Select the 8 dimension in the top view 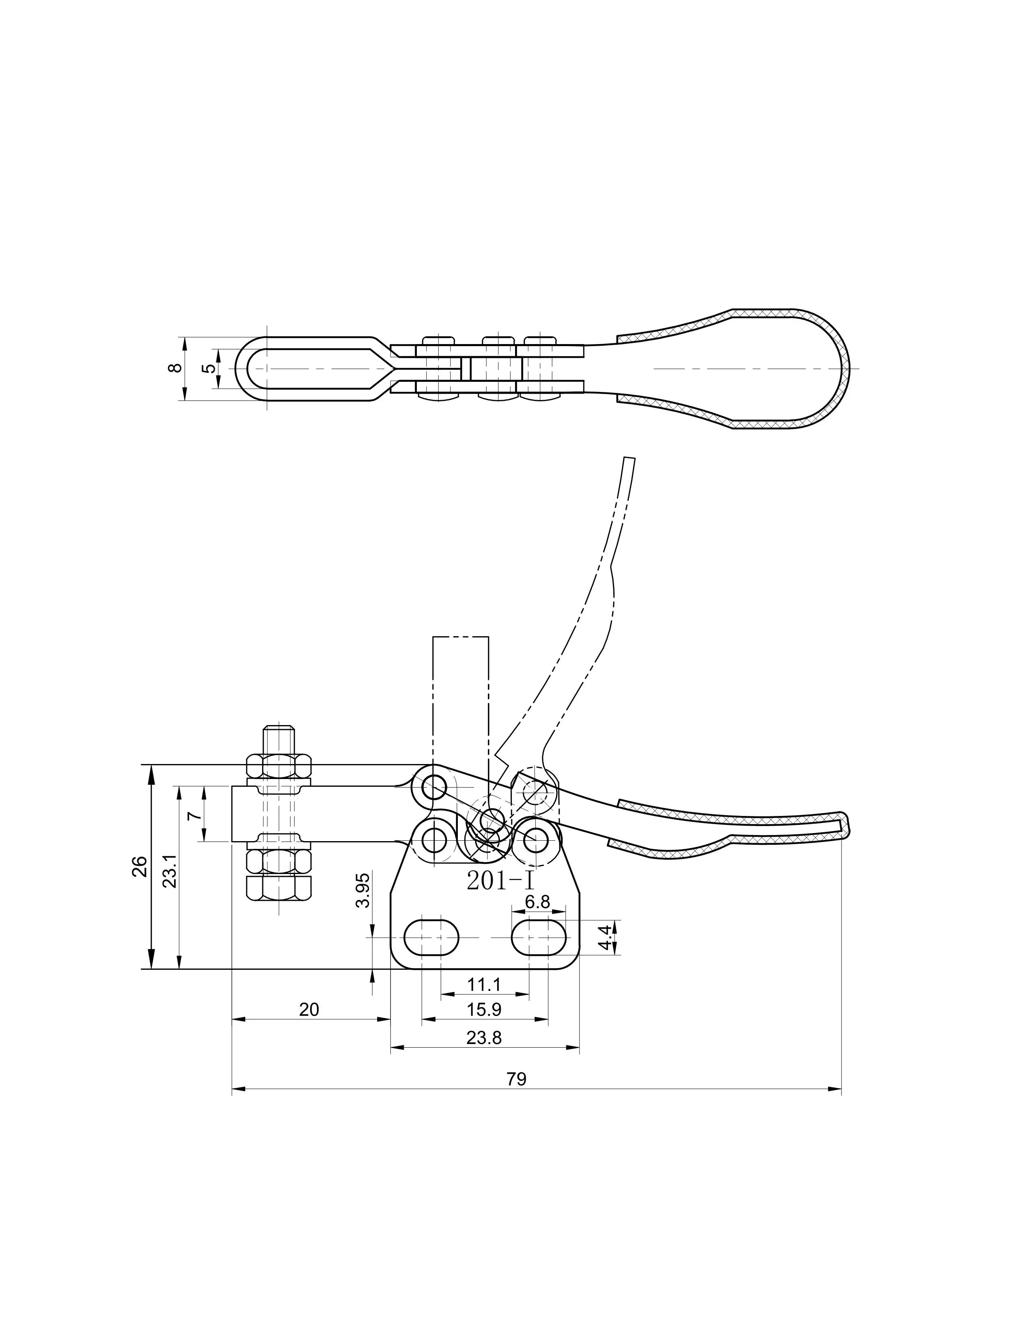[175, 368]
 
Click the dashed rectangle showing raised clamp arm [461, 705]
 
